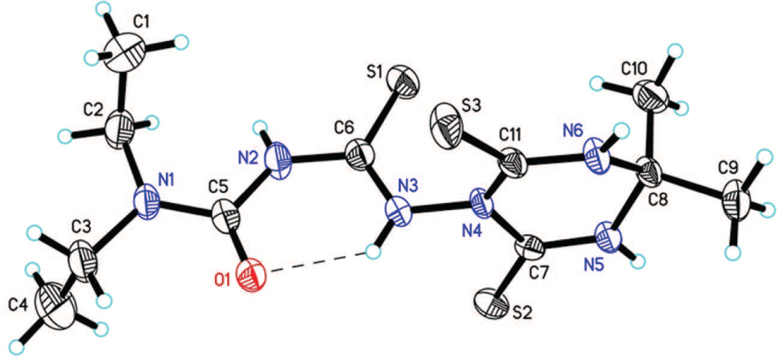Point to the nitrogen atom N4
point(479,204)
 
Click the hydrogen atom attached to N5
point(639,258)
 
